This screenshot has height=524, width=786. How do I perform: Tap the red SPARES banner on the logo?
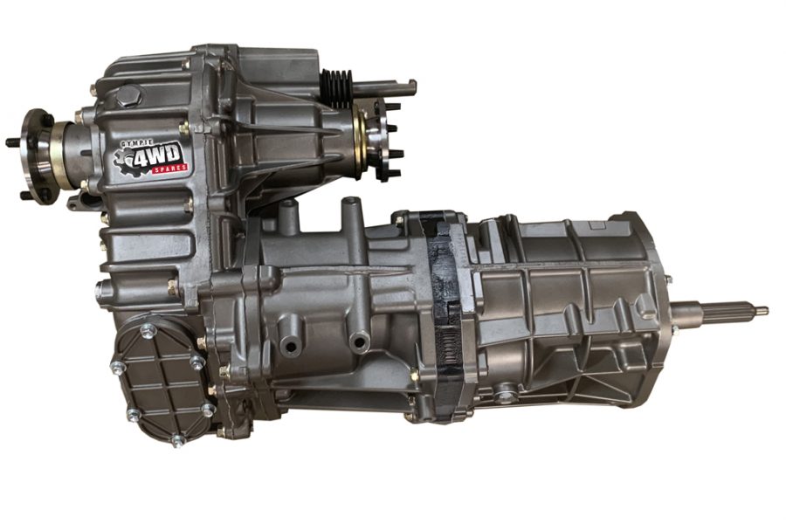pyautogui.click(x=170, y=169)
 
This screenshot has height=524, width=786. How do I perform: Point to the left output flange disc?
pyautogui.click(x=34, y=155)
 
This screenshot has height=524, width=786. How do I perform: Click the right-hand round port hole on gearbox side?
pyautogui.click(x=359, y=342)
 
